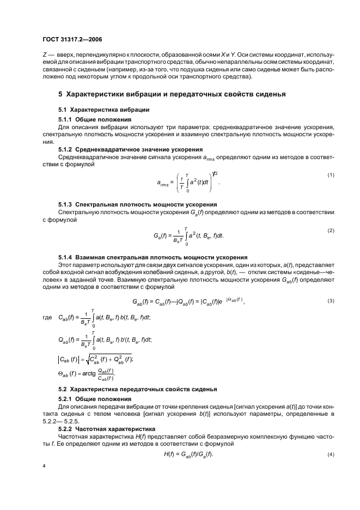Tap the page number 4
coord(44,466)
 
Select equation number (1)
coord(330,174)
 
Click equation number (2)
coord(330,230)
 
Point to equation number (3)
coord(330,301)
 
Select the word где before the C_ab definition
coord(47,317)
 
